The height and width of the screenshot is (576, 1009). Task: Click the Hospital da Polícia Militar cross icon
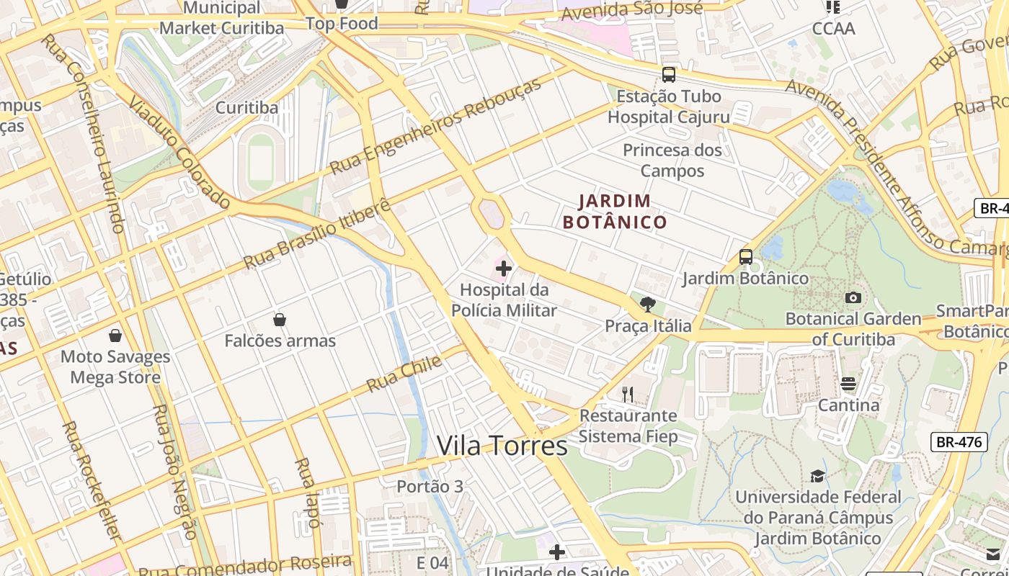(x=504, y=269)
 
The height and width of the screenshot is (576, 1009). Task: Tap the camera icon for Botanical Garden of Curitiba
(x=853, y=297)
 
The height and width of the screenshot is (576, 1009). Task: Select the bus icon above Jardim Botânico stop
(x=746, y=256)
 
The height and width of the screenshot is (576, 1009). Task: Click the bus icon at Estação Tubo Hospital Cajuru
(x=669, y=74)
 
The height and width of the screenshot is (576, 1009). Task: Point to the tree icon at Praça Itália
(x=647, y=304)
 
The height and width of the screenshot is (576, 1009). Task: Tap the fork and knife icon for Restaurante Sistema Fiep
(x=628, y=394)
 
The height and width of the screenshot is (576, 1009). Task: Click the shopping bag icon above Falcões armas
(x=280, y=319)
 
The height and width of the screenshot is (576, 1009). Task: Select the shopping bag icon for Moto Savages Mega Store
(x=115, y=335)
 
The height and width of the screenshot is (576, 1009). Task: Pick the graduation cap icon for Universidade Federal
(x=817, y=476)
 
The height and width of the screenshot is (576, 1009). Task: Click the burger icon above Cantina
(x=848, y=384)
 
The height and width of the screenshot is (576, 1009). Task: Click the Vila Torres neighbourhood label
(x=502, y=446)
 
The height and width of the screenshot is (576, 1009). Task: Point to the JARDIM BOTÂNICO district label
(x=615, y=211)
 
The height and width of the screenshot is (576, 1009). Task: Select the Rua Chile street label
(x=404, y=374)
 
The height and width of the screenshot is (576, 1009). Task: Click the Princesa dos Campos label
(x=672, y=160)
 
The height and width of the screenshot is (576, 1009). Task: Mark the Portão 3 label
(x=430, y=487)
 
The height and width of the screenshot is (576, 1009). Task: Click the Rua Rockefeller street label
(x=91, y=481)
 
